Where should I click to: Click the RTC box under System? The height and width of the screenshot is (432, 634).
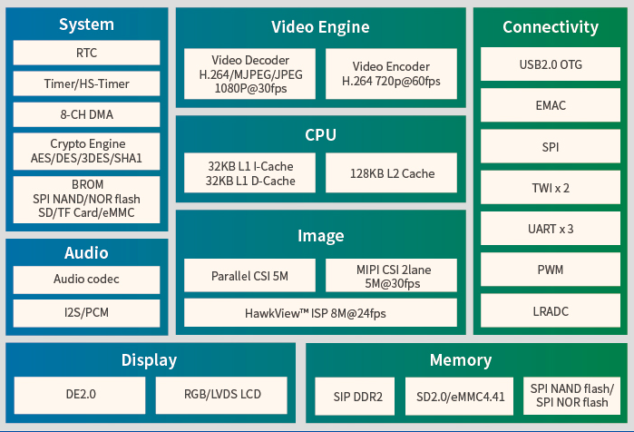click(86, 53)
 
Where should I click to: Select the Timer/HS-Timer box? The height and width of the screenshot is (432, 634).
click(86, 83)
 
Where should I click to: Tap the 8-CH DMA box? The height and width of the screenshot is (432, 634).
click(86, 114)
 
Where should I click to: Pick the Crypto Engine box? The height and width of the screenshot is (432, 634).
click(86, 151)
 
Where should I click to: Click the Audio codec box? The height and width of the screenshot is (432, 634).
click(86, 279)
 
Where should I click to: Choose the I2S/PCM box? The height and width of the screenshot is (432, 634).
click(86, 312)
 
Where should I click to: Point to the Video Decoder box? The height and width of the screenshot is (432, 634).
click(249, 74)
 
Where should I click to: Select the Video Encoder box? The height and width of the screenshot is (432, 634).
click(391, 74)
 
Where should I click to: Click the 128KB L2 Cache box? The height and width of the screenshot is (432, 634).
click(391, 172)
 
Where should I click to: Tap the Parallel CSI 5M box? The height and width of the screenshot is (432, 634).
click(249, 275)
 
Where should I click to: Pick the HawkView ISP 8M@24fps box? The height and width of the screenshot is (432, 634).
click(320, 312)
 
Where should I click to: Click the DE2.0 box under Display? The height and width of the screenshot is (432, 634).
click(80, 394)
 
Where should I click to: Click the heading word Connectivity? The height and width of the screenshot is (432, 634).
click(551, 27)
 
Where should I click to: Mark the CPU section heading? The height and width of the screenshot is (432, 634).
click(320, 135)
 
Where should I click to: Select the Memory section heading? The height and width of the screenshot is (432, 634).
click(461, 360)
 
